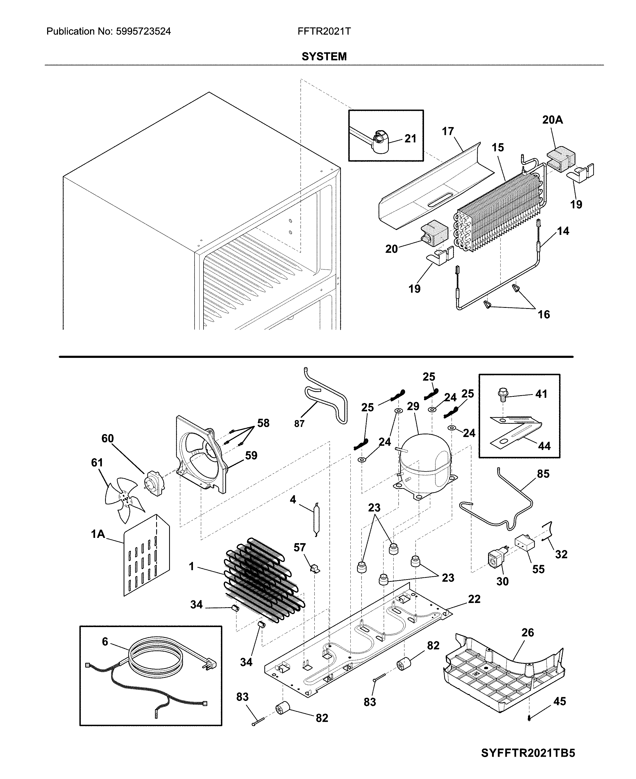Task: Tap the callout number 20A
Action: (552, 120)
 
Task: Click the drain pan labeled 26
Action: (502, 674)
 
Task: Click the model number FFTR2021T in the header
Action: (324, 31)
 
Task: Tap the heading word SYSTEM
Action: (324, 56)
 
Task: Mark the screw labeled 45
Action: (529, 718)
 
